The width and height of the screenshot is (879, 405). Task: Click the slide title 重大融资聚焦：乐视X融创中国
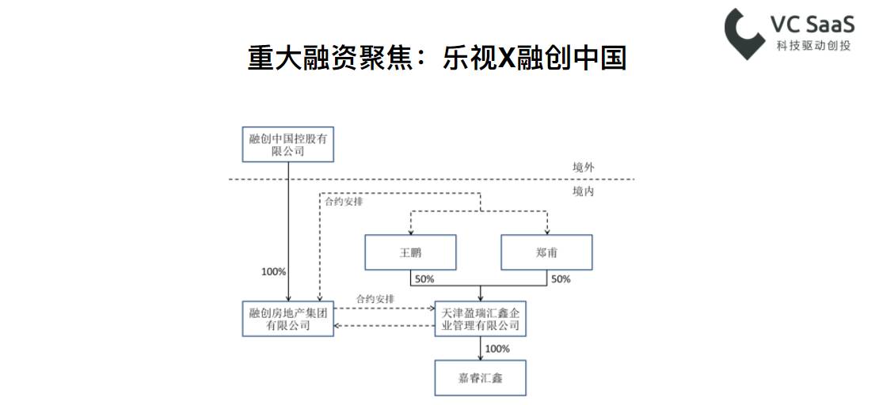tap(437, 59)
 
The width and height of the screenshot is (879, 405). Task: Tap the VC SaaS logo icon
tap(745, 33)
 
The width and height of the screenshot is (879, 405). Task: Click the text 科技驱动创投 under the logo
tap(813, 46)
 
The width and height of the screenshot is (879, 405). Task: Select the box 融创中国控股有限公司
tap(287, 144)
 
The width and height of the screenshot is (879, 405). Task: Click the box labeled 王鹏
tap(410, 253)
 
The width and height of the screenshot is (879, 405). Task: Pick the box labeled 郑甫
tap(546, 253)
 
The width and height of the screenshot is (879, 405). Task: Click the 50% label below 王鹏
tap(424, 279)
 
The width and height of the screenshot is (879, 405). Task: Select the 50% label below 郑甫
tap(561, 279)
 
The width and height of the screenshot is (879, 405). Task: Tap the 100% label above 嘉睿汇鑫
tap(497, 349)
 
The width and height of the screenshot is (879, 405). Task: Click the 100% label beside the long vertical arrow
tap(273, 271)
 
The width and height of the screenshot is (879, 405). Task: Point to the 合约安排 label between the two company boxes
tap(375, 299)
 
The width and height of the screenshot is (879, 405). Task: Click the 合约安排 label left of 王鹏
tap(344, 201)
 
